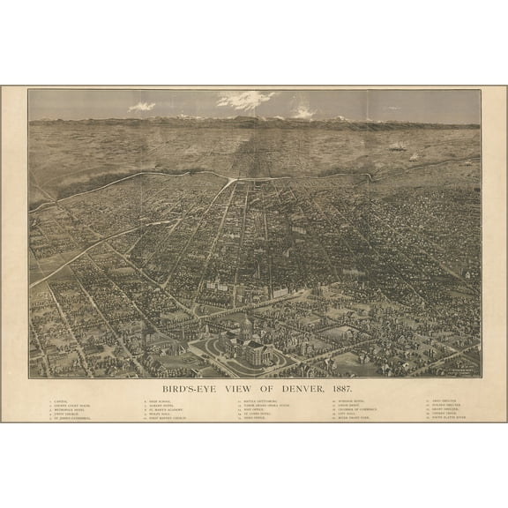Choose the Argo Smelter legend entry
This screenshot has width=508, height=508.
point(444,400)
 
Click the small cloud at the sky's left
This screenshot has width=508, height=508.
point(141,107)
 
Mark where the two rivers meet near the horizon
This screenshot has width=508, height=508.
point(231,179)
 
